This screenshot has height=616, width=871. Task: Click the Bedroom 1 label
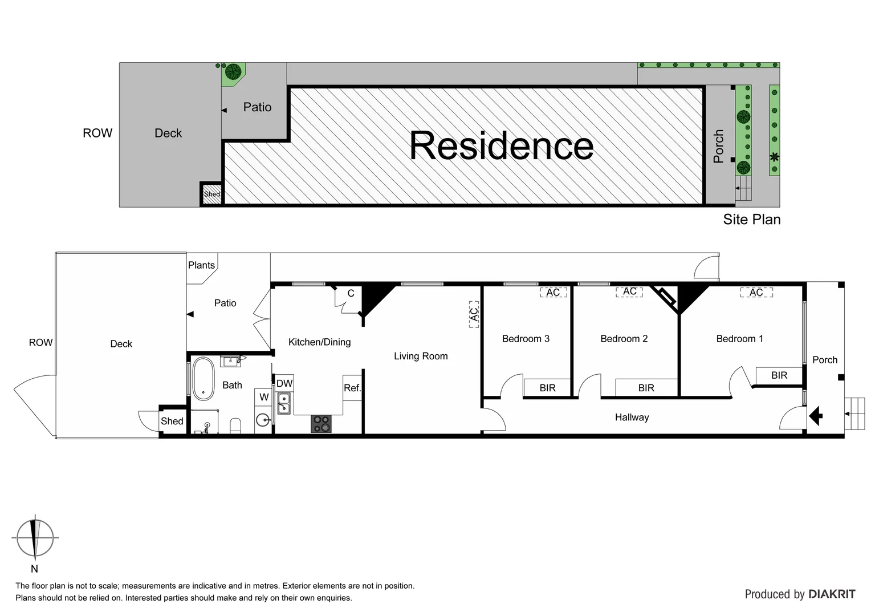coord(739,339)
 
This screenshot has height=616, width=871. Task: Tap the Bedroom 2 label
coord(624,339)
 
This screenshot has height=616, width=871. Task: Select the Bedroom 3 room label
coord(526,339)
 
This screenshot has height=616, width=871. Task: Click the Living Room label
coord(421,356)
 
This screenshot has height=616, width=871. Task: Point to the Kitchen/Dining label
coord(319,342)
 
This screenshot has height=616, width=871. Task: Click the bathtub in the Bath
coord(203,378)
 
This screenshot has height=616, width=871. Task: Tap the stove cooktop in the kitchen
coord(321,424)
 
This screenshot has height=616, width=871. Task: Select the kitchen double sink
coord(283,403)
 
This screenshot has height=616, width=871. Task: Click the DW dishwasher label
coord(284,383)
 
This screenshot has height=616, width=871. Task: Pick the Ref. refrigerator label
coord(352,388)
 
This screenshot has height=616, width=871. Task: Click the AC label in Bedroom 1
coord(756,293)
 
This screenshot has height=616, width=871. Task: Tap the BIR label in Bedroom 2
coord(646,388)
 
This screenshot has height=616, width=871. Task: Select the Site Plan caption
coord(751,220)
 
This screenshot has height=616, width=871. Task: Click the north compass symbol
coord(35,537)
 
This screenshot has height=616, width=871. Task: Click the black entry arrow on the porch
coord(816,415)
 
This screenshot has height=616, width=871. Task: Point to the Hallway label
coord(632,418)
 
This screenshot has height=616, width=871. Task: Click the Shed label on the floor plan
coord(172,422)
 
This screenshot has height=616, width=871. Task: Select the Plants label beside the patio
coord(201,265)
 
